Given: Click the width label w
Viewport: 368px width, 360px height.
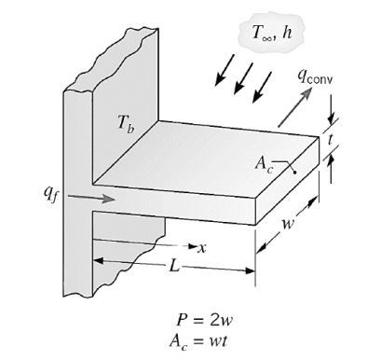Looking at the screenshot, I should tap(293, 225).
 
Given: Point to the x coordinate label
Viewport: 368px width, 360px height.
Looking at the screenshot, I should tap(200, 247).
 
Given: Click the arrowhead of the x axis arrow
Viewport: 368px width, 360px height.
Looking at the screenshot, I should tap(189, 247).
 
